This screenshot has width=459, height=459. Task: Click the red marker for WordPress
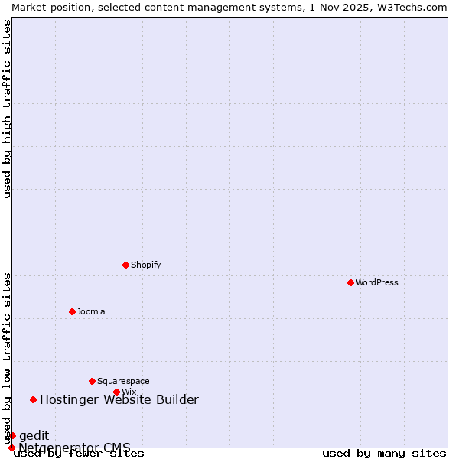[350, 282]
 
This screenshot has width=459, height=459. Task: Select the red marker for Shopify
[125, 265]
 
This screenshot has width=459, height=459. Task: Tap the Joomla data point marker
[72, 311]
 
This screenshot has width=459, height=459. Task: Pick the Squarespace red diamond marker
[92, 381]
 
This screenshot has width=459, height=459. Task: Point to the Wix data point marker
[116, 392]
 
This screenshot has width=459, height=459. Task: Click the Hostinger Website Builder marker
[33, 399]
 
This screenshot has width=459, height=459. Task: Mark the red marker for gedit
[12, 435]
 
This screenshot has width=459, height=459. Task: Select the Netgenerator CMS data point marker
[11, 448]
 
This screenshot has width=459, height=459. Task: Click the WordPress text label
[377, 282]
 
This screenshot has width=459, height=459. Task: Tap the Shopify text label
[145, 265]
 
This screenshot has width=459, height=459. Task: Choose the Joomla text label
[91, 311]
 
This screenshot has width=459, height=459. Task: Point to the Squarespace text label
[123, 381]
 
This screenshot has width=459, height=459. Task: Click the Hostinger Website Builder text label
[119, 399]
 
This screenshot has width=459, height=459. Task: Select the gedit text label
[34, 435]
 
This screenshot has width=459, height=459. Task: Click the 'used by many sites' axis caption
[384, 454]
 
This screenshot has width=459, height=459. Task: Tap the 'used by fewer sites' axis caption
[79, 454]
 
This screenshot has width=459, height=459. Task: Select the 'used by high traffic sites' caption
[7, 109]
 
